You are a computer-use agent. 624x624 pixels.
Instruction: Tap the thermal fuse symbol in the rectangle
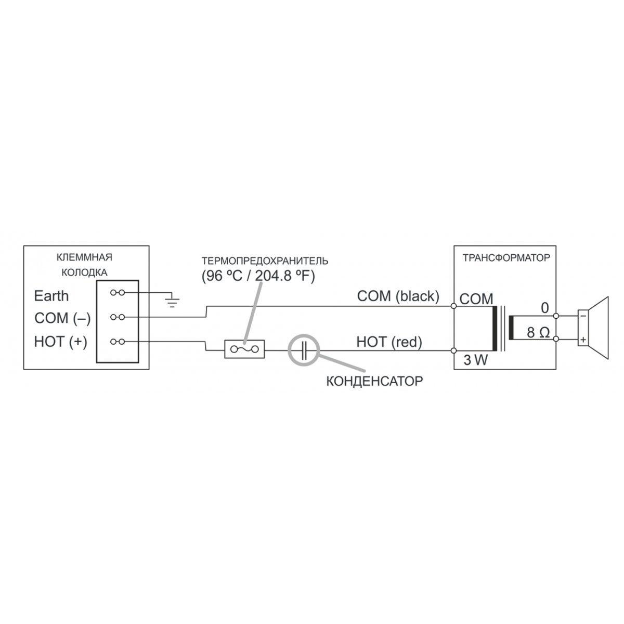[x=244, y=349]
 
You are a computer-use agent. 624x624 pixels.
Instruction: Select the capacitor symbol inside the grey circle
[x=304, y=350]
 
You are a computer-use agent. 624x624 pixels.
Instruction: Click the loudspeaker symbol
[x=593, y=328]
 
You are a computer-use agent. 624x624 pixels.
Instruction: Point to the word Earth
[x=51, y=296]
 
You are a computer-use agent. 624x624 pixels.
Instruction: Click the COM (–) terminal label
[x=62, y=318]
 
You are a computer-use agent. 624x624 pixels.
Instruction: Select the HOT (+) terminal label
[x=60, y=342]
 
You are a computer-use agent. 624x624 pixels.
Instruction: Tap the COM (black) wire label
[x=398, y=296]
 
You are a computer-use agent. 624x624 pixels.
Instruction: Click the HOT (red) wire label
[x=389, y=342]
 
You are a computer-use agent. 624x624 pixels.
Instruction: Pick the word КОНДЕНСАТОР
[x=374, y=381]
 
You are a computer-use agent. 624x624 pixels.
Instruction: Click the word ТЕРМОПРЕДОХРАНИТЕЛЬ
[x=265, y=261]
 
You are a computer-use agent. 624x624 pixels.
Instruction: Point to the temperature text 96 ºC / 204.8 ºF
[x=258, y=276]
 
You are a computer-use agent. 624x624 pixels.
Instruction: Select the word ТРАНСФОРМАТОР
[x=506, y=258]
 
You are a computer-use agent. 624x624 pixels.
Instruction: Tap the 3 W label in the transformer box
[x=475, y=360]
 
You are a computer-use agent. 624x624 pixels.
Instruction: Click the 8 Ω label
[x=538, y=333]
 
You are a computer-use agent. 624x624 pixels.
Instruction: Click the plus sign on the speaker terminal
[x=583, y=340]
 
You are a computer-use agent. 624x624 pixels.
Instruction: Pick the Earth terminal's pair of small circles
[x=118, y=293]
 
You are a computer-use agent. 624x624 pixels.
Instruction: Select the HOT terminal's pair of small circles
[x=118, y=342]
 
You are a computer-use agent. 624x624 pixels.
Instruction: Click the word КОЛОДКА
[x=84, y=272]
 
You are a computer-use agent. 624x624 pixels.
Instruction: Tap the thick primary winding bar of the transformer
[x=495, y=328]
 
